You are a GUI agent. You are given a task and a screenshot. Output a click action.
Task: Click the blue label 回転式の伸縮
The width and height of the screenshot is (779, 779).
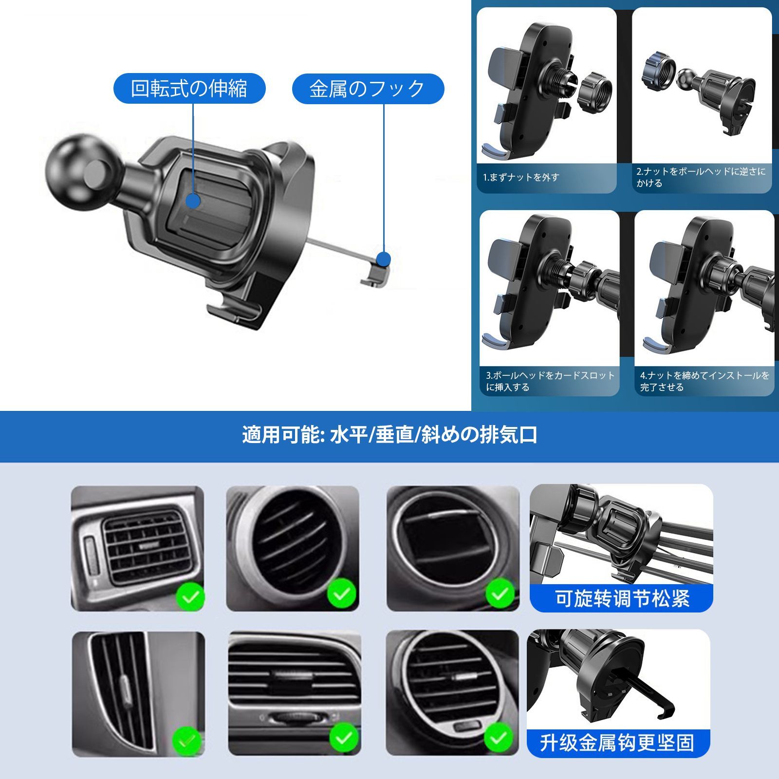pos(189,89)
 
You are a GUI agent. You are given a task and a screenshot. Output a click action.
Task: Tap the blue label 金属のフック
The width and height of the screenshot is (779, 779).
pos(368,89)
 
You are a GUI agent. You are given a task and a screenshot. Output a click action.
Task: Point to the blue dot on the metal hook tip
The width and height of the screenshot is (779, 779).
pos(384,259)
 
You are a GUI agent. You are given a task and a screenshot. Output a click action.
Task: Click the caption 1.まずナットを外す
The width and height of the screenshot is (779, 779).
pos(521,178)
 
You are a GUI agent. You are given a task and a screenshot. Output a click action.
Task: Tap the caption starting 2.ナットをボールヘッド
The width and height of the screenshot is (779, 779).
pos(701,177)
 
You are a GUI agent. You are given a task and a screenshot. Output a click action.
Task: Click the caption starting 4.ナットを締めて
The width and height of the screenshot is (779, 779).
pos(705,381)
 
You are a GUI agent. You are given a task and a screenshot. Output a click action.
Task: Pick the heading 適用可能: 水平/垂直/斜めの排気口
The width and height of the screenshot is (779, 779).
pos(389,435)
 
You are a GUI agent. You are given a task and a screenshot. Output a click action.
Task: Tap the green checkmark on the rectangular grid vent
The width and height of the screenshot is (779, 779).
pos(190,596)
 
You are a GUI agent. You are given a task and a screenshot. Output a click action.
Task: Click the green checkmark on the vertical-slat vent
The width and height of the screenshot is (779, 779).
pos(187,740)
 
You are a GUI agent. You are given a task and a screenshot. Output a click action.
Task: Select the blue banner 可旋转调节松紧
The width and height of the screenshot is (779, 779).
pos(622,598)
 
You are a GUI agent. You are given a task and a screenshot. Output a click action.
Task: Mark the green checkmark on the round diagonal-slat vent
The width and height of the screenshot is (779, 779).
pos(342,594)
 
